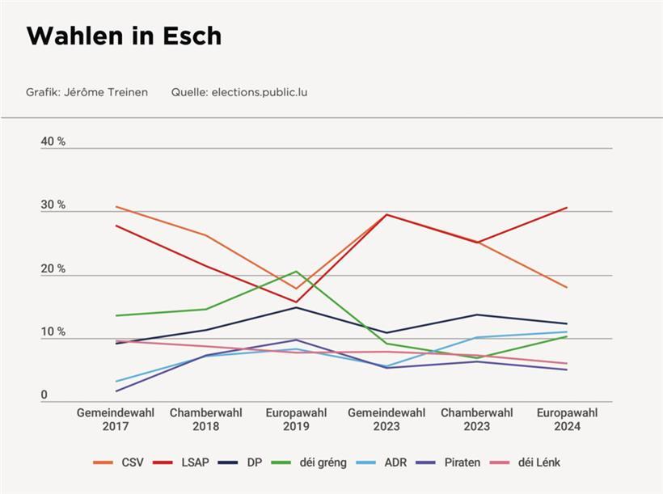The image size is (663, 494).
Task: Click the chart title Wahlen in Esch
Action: click(124, 36)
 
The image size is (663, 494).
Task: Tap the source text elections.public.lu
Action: click(259, 92)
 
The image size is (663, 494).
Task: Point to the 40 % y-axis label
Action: click(53, 141)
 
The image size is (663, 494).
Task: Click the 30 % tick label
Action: click(53, 205)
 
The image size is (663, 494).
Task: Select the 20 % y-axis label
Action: click(53, 269)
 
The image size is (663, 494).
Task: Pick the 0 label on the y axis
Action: click(44, 395)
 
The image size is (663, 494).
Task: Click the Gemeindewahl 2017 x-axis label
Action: click(116, 420)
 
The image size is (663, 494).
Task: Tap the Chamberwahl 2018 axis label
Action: click(206, 420)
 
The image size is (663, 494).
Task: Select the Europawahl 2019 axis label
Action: click(297, 420)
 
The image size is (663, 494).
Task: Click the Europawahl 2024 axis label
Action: click(568, 420)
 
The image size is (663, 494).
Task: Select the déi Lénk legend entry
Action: click(529, 462)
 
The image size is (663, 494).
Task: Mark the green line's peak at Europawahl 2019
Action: click(297, 272)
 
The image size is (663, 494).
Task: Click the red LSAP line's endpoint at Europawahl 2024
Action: click(567, 208)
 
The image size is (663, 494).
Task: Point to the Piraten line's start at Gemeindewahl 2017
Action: click(116, 391)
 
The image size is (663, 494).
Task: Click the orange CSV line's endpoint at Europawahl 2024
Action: click(567, 287)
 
